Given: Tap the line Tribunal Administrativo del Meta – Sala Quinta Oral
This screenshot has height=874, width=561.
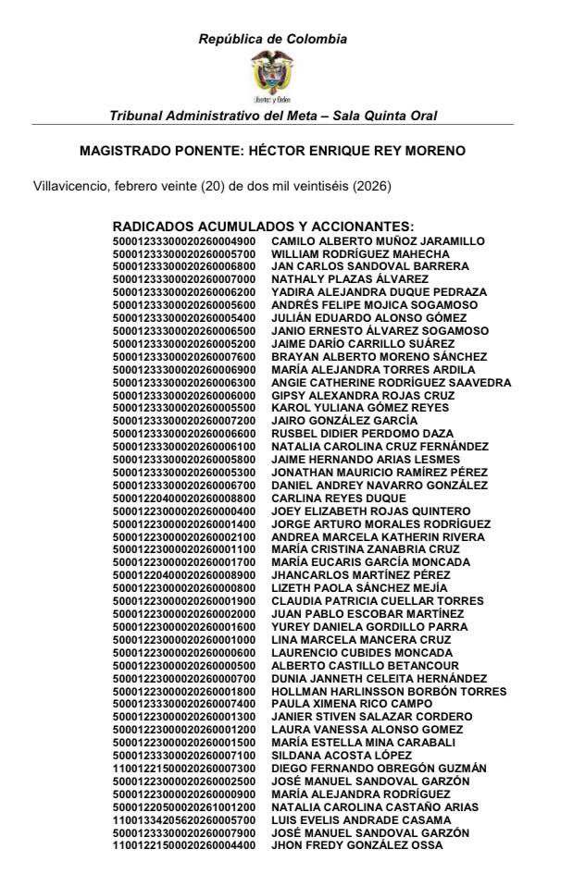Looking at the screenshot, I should [x=273, y=116].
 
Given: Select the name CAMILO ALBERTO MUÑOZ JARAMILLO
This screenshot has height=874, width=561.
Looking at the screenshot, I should [x=377, y=241].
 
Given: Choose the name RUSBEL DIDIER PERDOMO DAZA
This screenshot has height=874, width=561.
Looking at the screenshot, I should [x=362, y=433].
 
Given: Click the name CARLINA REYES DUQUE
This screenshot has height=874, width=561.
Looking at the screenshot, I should [x=332, y=498].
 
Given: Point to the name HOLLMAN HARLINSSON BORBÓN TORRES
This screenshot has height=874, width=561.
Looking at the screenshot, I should [x=388, y=691].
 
